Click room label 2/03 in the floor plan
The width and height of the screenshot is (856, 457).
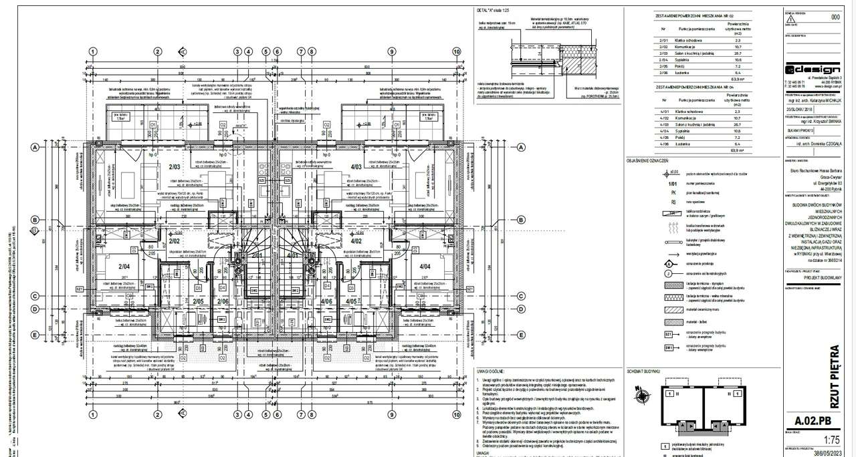(x=175, y=166)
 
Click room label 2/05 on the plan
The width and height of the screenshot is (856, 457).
(x=198, y=302)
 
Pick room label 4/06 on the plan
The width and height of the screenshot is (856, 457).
(x=327, y=302)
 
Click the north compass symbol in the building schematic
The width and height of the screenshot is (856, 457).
(x=643, y=395)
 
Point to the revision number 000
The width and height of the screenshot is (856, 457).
(x=834, y=17)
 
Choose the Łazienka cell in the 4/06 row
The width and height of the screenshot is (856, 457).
(x=693, y=144)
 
